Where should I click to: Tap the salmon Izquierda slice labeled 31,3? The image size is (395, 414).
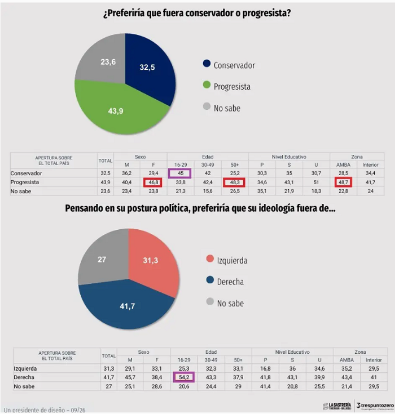pos(152,261)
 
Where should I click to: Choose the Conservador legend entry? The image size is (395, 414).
pos(229,65)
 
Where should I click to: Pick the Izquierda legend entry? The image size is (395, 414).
pos(227,260)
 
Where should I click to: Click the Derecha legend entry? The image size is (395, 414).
pos(225,282)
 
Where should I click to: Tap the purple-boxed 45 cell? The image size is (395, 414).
pos(180,173)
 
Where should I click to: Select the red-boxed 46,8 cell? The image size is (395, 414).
pos(153,182)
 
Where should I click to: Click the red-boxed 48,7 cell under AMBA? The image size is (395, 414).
pos(344,182)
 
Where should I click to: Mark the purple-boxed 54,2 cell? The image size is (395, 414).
pos(184,377)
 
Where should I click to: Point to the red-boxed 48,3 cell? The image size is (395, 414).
pos(234,182)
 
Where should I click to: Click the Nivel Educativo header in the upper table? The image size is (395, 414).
pos(289,157)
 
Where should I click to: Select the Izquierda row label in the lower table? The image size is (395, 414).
pos(25,368)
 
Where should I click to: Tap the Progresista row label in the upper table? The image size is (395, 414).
pos(25,182)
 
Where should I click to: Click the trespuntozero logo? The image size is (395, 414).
pos(375,406)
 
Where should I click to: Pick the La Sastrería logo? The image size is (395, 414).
pos(337,406)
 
